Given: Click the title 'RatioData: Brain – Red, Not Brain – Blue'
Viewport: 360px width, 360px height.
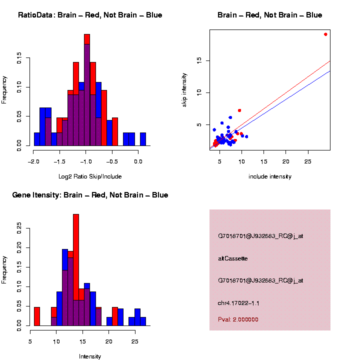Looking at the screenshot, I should pyautogui.click(x=90, y=15).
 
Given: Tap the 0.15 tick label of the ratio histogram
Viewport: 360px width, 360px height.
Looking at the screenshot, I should pyautogui.click(x=19, y=59).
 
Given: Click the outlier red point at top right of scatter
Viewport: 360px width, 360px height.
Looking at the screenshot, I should pyautogui.click(x=325, y=34).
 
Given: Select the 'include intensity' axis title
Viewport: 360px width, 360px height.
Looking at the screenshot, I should pyautogui.click(x=270, y=176).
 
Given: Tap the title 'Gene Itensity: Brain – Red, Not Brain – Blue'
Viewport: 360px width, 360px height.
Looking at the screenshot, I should pyautogui.click(x=90, y=195).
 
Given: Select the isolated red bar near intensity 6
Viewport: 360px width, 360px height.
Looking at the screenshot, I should pyautogui.click(x=37, y=316).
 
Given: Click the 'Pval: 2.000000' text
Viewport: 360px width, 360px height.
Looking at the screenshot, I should pyautogui.click(x=238, y=319).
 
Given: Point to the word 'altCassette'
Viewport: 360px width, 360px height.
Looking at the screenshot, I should pyautogui.click(x=233, y=258).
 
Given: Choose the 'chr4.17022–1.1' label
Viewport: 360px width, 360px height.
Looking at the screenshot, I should pyautogui.click(x=238, y=303).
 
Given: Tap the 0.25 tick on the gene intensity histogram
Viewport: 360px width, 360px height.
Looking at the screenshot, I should pyautogui.click(x=19, y=228).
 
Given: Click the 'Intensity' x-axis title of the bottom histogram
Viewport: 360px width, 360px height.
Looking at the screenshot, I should pyautogui.click(x=90, y=356).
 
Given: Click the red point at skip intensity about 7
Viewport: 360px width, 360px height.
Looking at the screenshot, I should pyautogui.click(x=239, y=110).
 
